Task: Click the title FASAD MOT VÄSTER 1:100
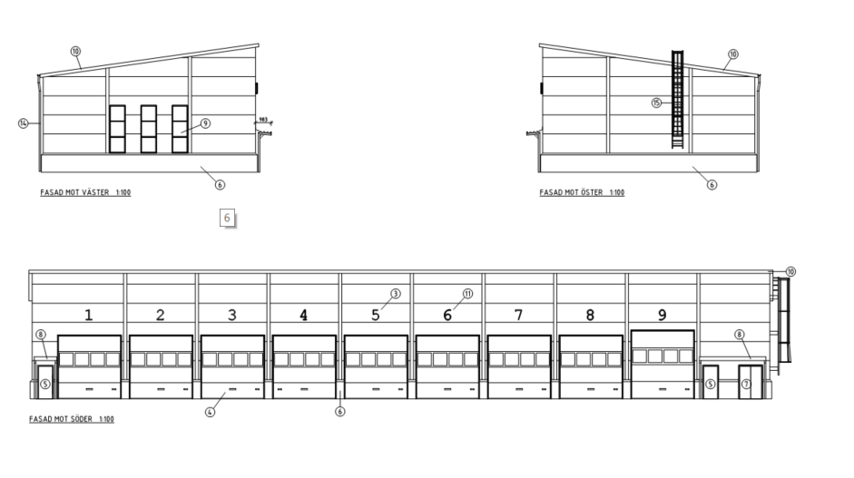[82, 193]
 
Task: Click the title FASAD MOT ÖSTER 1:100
[581, 192]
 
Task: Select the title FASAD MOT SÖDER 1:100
[72, 419]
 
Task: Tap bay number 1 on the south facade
[89, 316]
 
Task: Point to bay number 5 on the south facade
[376, 316]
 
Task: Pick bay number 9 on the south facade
[662, 316]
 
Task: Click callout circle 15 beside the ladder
[656, 102]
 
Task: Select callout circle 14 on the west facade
[23, 122]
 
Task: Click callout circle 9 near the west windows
[205, 123]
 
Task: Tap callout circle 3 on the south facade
[396, 294]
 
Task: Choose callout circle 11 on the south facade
[467, 294]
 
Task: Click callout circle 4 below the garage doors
[210, 412]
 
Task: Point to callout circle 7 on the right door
[747, 384]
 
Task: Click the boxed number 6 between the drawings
[227, 218]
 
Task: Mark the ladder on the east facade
[676, 100]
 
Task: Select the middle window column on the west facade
[148, 129]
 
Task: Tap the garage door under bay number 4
[303, 367]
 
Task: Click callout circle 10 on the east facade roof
[733, 54]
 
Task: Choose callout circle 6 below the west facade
[220, 184]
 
